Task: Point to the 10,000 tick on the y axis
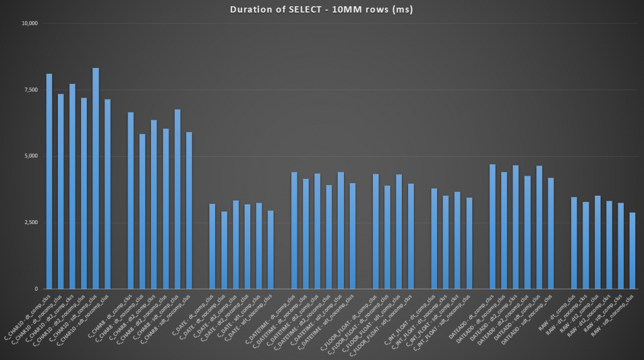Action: click(30, 24)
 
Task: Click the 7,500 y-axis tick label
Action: click(31, 90)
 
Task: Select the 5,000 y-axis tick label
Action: click(31, 156)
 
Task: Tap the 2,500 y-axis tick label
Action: click(31, 223)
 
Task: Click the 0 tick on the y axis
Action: click(36, 289)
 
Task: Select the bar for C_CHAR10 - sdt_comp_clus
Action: click(96, 179)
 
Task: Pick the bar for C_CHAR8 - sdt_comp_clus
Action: click(177, 200)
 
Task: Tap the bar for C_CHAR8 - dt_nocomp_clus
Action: click(142, 211)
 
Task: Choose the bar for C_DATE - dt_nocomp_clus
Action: click(224, 250)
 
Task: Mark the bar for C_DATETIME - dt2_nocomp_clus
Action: click(329, 237)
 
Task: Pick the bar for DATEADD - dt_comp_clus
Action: click(492, 227)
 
